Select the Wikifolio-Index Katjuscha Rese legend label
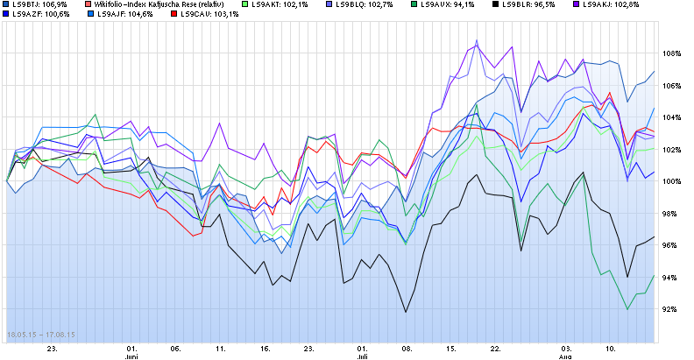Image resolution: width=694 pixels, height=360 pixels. click(x=159, y=5)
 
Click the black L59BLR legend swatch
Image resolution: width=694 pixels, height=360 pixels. click(x=497, y=5)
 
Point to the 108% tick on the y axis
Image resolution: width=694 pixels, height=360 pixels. click(x=672, y=53)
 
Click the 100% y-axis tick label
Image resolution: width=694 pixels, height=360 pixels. click(x=672, y=181)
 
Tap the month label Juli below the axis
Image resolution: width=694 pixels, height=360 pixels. click(x=363, y=357)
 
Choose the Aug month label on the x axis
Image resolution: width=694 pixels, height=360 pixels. click(x=565, y=357)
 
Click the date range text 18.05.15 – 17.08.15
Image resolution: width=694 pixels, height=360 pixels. click(x=41, y=335)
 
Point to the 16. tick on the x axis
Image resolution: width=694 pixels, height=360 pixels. click(x=266, y=348)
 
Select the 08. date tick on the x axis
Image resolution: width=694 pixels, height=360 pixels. click(x=407, y=348)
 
